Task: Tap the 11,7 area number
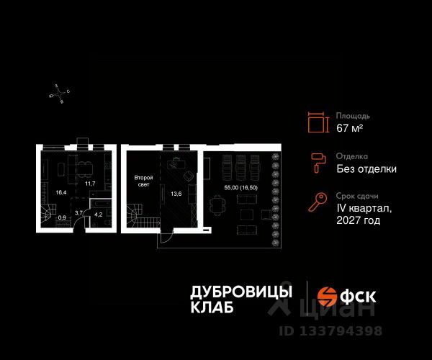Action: point(90,184)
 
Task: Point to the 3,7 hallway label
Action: point(80,212)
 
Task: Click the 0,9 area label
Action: point(62,217)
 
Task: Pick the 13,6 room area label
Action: point(175,193)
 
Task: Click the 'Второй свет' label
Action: point(142,181)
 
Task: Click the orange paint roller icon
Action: point(318,163)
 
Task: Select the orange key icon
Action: point(318,202)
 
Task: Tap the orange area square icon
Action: point(317,122)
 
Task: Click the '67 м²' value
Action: point(350,129)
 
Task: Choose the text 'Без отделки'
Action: point(366,169)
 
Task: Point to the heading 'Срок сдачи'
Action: point(357,196)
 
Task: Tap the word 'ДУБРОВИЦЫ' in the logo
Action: point(241,292)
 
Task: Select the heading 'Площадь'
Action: point(353,115)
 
